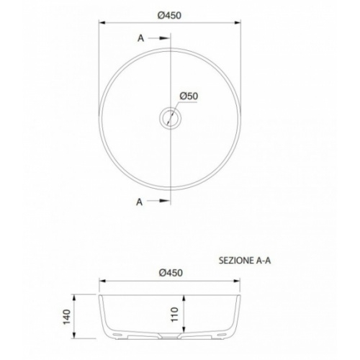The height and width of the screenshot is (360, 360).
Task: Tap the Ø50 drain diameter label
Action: (189, 96)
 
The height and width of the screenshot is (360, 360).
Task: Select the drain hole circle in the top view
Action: (170, 117)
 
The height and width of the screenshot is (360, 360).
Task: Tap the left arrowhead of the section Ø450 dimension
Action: (101, 282)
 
